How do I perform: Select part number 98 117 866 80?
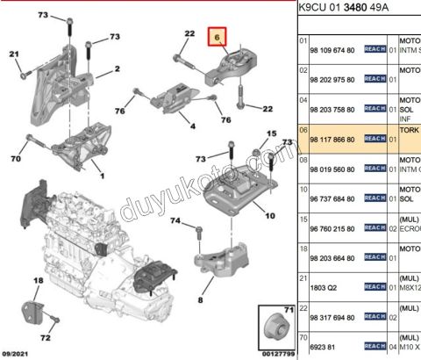click(x=333, y=140)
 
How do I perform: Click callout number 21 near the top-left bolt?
click(x=13, y=55)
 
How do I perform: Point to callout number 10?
click(x=269, y=216)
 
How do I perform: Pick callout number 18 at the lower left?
click(x=38, y=282)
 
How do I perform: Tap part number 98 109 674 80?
click(x=333, y=51)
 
